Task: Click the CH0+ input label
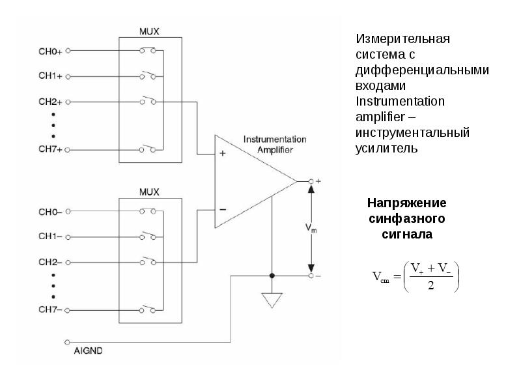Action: pos(50,51)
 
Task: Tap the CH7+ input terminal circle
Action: pos(67,150)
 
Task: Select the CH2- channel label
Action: pos(50,262)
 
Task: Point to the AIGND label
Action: pos(88,351)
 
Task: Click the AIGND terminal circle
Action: pos(67,342)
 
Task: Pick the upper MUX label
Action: pos(149,31)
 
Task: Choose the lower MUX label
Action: pos(149,192)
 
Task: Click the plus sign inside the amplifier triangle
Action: pos(223,153)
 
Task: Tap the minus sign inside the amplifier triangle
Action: pos(223,209)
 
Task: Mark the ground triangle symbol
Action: pos(272,300)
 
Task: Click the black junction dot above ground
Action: pos(272,276)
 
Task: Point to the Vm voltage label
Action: pos(311,228)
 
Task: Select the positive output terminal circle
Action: pos(311,181)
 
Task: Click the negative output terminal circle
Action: pos(311,276)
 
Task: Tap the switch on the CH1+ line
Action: pos(148,75)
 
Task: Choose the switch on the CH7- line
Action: pos(147,309)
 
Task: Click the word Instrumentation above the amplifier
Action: pos(275,139)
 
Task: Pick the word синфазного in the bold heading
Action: pos(406,219)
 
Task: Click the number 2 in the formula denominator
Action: pos(431,285)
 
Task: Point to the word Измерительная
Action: pos(402,39)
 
